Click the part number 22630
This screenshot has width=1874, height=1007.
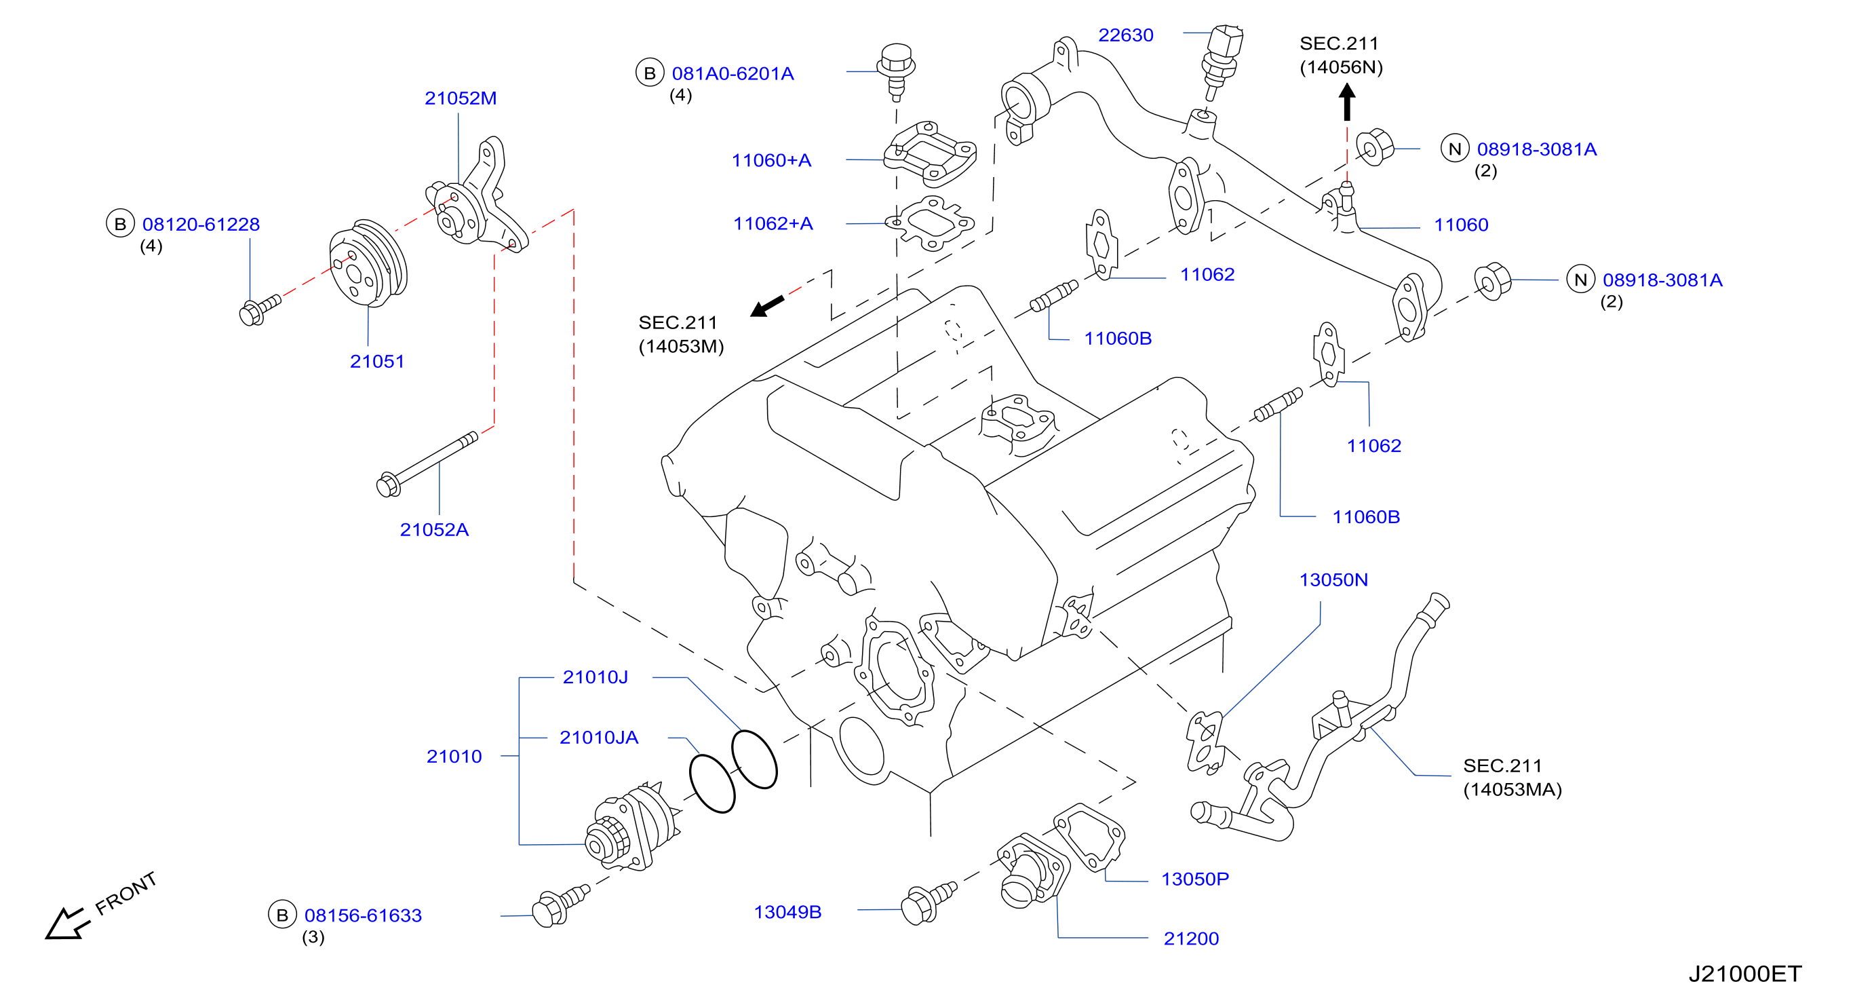click(x=1125, y=35)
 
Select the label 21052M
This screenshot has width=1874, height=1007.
click(x=461, y=98)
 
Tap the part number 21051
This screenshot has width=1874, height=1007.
click(x=377, y=362)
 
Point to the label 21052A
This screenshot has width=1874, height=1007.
click(x=434, y=530)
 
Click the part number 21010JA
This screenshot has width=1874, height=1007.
click(x=599, y=738)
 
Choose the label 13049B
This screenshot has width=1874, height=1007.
click(x=787, y=913)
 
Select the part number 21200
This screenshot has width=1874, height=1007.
click(x=1191, y=938)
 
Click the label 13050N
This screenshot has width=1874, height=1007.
click(x=1333, y=580)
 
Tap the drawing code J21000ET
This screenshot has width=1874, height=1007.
click(x=1744, y=974)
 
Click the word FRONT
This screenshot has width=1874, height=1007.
click(x=126, y=893)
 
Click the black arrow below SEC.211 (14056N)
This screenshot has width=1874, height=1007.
click(x=1346, y=102)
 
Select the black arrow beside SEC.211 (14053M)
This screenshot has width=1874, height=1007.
click(x=767, y=306)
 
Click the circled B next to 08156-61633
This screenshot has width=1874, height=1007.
click(x=282, y=915)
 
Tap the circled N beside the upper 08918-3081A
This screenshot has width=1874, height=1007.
click(x=1455, y=149)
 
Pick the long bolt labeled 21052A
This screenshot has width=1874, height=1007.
click(x=427, y=464)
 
